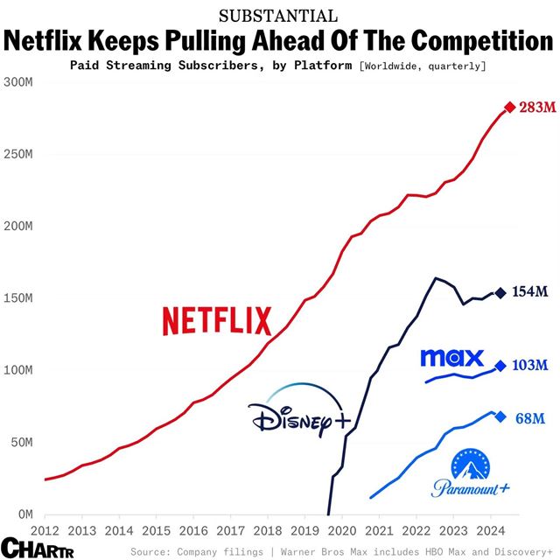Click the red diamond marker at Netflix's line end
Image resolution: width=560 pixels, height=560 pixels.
[510, 108]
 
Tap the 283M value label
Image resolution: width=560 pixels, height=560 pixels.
[536, 108]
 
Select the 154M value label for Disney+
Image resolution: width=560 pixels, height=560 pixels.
[531, 292]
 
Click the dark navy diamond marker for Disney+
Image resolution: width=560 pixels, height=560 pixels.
[500, 293]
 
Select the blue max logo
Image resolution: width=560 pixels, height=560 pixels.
[451, 357]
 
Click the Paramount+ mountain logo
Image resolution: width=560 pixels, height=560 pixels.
[471, 475]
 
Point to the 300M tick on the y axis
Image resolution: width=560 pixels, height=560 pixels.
[17, 82]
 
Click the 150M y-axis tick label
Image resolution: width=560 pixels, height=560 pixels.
[17, 298]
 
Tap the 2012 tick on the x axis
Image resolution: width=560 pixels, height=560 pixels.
[44, 530]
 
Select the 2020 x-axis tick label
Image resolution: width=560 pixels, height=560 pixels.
[341, 530]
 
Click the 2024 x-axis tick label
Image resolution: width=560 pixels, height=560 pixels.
[490, 530]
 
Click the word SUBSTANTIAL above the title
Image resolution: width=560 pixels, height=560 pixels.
[279, 15]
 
